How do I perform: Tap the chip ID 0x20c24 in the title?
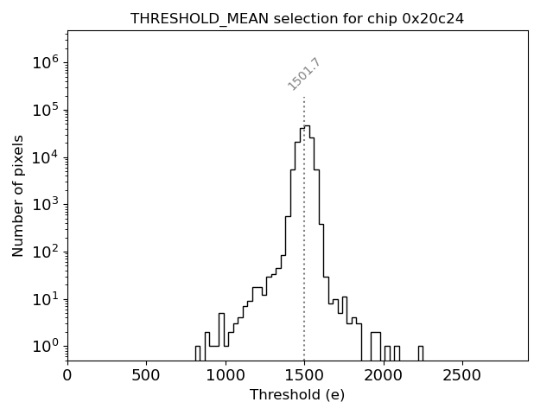(x=433, y=18)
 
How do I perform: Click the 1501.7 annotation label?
(x=304, y=74)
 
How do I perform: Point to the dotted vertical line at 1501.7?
(x=304, y=225)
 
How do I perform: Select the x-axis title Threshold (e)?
(x=297, y=395)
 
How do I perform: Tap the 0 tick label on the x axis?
(x=67, y=375)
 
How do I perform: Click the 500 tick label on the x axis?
(x=146, y=375)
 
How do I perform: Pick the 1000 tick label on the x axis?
(x=226, y=375)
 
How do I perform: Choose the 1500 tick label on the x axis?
(x=304, y=375)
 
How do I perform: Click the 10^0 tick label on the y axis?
(x=45, y=347)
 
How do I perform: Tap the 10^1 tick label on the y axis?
(x=45, y=299)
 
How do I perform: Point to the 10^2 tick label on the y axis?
(x=45, y=252)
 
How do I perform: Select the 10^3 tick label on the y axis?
(x=45, y=205)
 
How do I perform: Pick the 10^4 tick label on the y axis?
(x=45, y=157)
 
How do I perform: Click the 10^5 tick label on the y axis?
(x=45, y=110)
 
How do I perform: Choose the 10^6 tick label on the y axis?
(x=45, y=62)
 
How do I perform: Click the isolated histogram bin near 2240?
(x=420, y=353)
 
